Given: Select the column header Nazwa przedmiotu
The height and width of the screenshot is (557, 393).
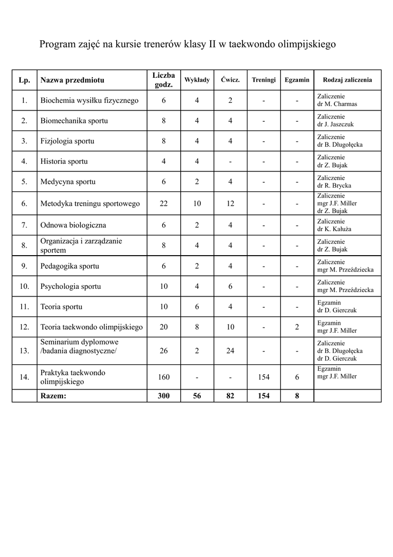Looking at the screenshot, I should click(x=72, y=80).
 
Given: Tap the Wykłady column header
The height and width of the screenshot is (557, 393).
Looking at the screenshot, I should click(x=197, y=80).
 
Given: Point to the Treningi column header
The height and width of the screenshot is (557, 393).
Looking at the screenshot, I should click(x=264, y=80).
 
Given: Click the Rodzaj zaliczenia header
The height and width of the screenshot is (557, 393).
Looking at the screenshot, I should click(x=347, y=80).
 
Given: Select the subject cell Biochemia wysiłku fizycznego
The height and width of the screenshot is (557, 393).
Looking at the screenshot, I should click(x=90, y=101).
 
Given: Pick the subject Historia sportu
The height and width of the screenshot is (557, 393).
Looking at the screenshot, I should click(x=64, y=162).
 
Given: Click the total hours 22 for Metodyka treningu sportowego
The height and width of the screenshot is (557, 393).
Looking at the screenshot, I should click(x=163, y=204).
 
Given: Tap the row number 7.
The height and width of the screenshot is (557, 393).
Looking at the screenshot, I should click(x=24, y=225).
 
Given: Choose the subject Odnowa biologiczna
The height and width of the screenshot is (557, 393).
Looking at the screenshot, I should click(x=73, y=225).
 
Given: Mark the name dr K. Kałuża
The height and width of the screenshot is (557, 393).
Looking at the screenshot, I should click(x=334, y=229).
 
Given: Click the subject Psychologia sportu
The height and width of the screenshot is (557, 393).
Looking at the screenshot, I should click(x=71, y=287).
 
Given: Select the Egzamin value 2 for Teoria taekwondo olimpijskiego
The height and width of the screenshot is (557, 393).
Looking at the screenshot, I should click(x=297, y=327).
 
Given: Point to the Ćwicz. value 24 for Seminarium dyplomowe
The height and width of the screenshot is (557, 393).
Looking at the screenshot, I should click(x=230, y=351).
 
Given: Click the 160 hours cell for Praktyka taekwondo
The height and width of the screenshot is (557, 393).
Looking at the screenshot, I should click(x=163, y=377).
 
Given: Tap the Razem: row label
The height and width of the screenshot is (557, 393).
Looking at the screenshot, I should click(x=53, y=396).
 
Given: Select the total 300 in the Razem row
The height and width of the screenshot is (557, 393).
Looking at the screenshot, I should click(x=163, y=396).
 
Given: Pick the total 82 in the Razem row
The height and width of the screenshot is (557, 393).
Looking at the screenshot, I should click(x=230, y=396).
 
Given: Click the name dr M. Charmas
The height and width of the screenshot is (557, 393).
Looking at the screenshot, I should click(x=337, y=104).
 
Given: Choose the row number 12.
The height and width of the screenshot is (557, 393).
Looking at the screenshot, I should click(x=24, y=327).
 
